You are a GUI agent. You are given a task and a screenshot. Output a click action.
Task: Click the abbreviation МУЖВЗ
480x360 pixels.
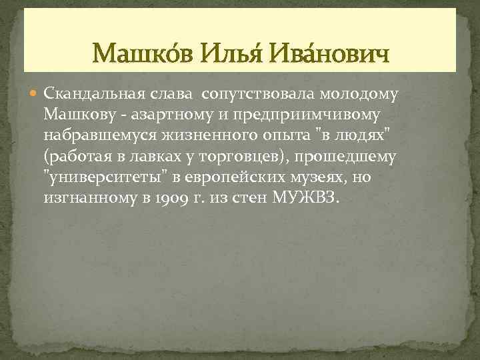click(x=306, y=199)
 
